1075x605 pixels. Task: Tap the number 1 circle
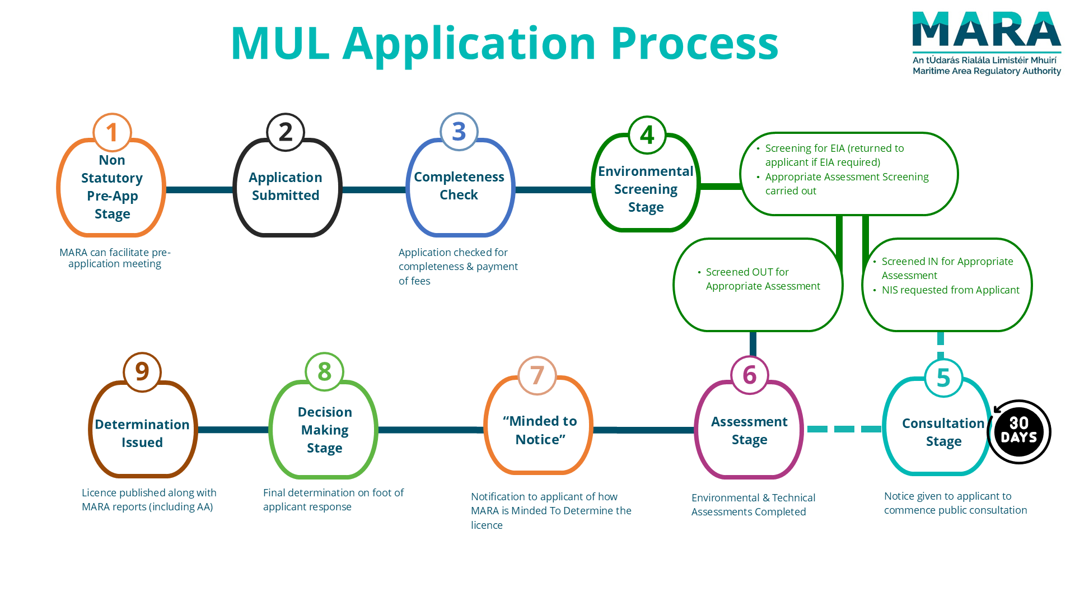click(112, 133)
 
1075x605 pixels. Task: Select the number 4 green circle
click(647, 135)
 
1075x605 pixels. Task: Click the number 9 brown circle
click(142, 372)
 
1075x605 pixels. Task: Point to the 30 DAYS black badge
click(1019, 431)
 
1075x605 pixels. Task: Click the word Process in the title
click(694, 44)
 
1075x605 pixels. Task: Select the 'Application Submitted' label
click(286, 187)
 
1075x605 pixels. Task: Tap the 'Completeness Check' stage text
click(459, 186)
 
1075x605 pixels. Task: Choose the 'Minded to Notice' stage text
click(540, 430)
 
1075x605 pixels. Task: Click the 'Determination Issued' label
click(142, 433)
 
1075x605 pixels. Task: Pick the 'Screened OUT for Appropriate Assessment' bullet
click(763, 279)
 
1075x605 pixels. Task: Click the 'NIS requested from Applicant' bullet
click(950, 290)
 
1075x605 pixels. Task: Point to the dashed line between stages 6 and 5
click(844, 429)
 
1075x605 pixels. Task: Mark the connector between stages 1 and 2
click(199, 190)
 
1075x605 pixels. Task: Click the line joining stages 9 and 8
click(233, 430)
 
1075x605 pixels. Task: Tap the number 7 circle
click(537, 375)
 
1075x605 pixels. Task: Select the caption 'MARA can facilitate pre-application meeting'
click(115, 258)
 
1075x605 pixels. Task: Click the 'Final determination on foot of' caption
click(333, 493)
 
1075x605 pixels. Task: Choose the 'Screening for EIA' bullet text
click(834, 155)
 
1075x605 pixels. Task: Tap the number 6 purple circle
click(750, 375)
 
